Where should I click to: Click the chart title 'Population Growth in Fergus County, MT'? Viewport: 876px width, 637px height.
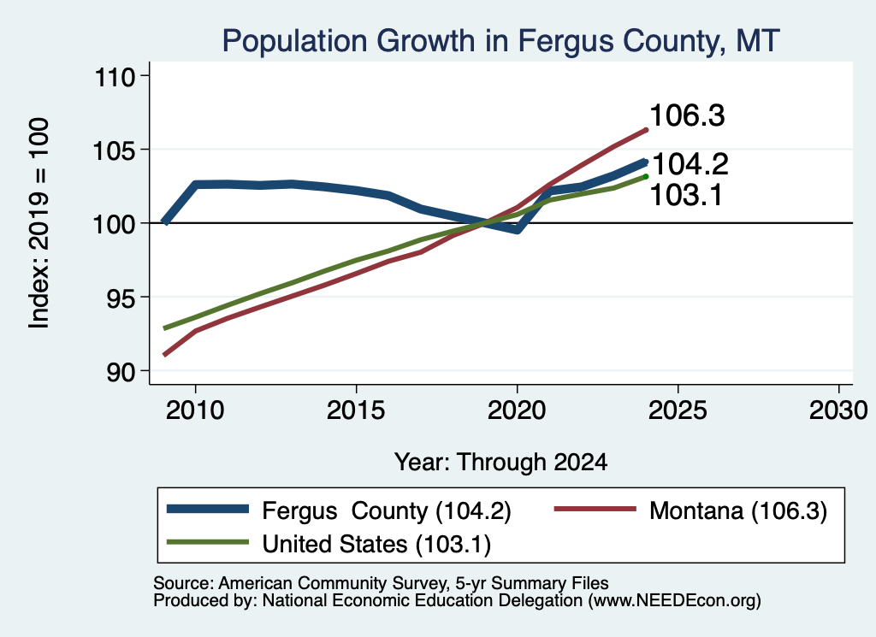(500, 42)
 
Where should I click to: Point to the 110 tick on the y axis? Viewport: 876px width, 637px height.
(115, 76)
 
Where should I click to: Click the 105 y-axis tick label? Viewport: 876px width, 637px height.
(115, 150)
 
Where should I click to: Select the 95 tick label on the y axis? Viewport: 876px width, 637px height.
(121, 298)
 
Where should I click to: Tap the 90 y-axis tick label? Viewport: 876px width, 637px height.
(121, 372)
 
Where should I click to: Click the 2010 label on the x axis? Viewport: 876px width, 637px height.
(195, 411)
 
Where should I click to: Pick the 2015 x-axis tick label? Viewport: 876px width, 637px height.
(356, 411)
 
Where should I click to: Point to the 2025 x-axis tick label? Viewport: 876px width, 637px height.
(678, 411)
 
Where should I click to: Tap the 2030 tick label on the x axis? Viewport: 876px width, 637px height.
(838, 411)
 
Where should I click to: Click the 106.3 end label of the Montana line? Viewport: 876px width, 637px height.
(687, 116)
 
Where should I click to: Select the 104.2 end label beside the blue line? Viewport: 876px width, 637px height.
(690, 164)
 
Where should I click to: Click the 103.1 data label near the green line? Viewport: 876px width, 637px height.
(687, 196)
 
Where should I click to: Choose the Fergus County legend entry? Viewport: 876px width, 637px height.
(339, 510)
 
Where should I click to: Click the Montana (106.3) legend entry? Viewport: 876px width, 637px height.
(690, 510)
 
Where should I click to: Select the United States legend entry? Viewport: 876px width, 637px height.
(329, 545)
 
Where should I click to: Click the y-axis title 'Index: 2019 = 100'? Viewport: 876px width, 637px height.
(38, 223)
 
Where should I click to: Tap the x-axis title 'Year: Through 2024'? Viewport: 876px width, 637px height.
(501, 463)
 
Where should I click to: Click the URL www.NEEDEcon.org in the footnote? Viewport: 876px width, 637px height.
(674, 601)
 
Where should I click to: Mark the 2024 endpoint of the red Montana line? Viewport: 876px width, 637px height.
(646, 130)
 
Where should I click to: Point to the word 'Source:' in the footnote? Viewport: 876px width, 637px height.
(183, 583)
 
